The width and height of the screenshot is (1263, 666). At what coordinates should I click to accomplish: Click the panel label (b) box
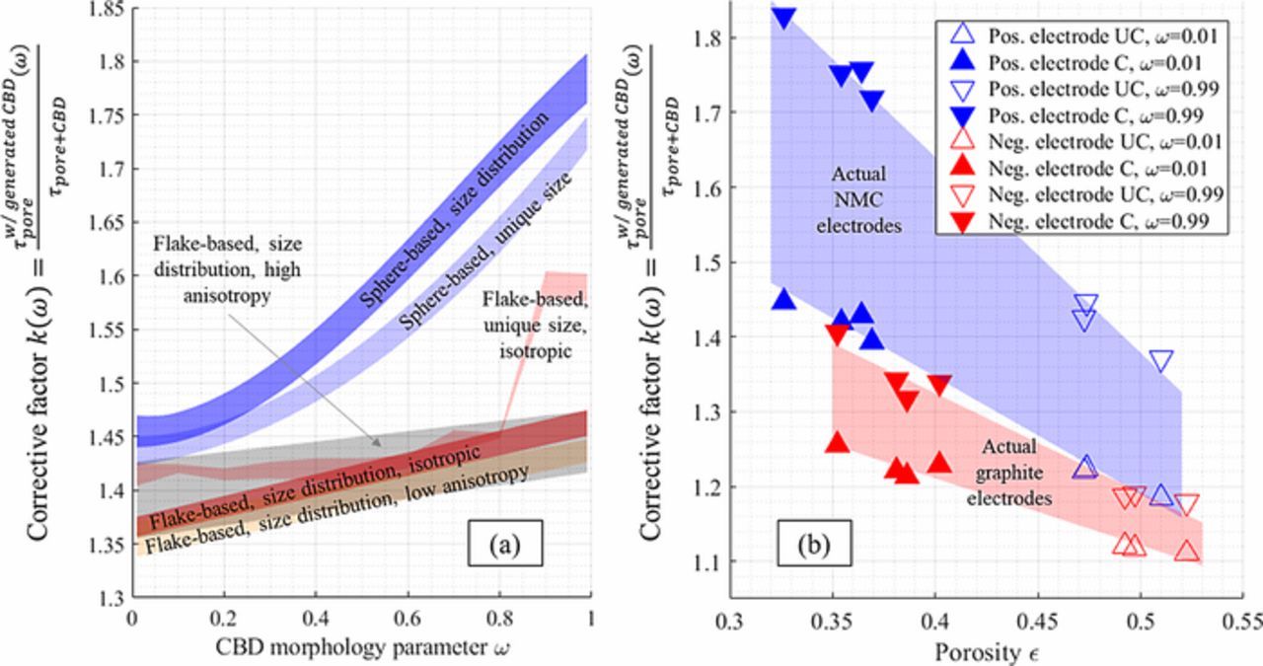[808, 542]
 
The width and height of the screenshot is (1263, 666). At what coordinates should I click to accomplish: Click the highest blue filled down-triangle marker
[784, 17]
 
